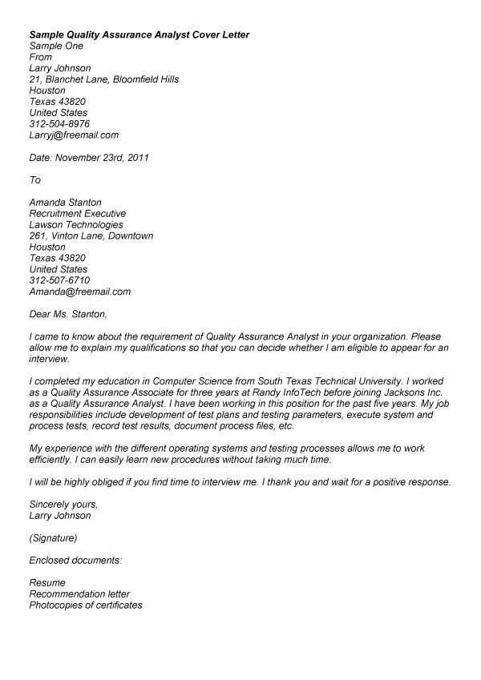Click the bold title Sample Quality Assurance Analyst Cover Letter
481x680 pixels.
pyautogui.click(x=139, y=35)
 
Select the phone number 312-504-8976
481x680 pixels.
pyautogui.click(x=59, y=124)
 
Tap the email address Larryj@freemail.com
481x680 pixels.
pyautogui.click(x=74, y=135)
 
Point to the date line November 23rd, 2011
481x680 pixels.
pyautogui.click(x=89, y=158)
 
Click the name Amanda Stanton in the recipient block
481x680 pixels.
pyautogui.click(x=65, y=203)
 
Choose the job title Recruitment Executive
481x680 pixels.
pyautogui.click(x=77, y=214)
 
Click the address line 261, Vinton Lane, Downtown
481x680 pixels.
pyautogui.click(x=91, y=236)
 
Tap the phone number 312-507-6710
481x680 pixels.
pyautogui.click(x=59, y=280)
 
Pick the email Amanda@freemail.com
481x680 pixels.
pyautogui.click(x=79, y=292)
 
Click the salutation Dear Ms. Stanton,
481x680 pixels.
pyautogui.click(x=67, y=314)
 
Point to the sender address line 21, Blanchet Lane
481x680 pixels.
pyautogui.click(x=103, y=79)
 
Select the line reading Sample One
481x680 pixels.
pyautogui.click(x=56, y=46)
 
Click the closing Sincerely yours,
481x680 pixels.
pyautogui.click(x=63, y=504)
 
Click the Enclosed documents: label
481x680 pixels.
pyautogui.click(x=75, y=560)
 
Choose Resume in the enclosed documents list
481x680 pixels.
pyautogui.click(x=47, y=582)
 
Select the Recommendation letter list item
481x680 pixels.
pyautogui.click(x=79, y=593)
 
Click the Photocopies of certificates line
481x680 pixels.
pyautogui.click(x=85, y=605)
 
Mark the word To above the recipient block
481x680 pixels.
pyautogui.click(x=34, y=180)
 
